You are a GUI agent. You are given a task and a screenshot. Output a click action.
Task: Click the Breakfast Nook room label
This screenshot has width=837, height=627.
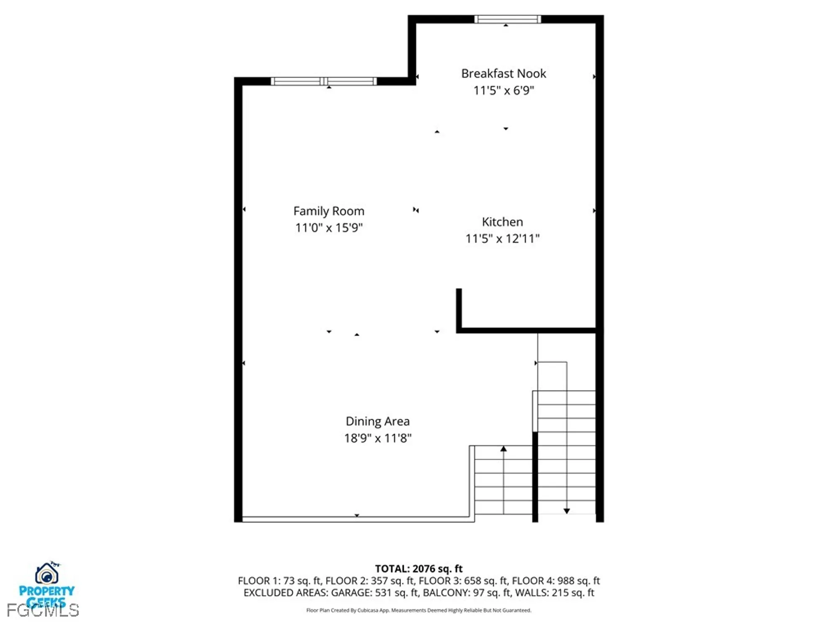(503, 74)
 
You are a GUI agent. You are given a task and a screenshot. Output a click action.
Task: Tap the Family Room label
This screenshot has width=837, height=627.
(329, 211)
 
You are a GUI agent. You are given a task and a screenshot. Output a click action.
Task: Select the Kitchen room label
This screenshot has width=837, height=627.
(502, 222)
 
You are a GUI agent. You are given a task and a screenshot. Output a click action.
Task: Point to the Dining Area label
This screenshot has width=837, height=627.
(377, 421)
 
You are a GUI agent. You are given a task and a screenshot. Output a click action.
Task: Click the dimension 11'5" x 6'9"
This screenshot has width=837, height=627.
(503, 91)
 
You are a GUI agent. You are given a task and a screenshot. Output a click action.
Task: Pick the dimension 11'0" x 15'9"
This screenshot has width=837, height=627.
(329, 228)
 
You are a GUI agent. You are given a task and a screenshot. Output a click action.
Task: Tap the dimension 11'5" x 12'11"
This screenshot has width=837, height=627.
(502, 239)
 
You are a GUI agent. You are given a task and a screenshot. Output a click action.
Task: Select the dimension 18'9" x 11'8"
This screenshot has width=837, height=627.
(377, 438)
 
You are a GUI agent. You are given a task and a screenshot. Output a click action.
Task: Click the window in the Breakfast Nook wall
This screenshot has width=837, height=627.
(507, 19)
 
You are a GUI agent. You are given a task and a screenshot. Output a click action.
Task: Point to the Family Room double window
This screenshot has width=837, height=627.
(324, 82)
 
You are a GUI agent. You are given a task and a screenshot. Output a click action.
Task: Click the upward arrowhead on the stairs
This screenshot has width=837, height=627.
(503, 449)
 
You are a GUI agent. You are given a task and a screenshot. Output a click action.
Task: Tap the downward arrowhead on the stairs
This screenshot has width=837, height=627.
(567, 511)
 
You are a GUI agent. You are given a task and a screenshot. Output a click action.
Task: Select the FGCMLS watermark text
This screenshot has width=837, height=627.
(43, 611)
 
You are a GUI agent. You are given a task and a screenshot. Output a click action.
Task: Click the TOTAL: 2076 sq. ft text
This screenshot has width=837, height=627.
(418, 568)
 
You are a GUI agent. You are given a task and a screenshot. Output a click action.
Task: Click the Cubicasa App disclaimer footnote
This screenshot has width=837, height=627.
(418, 610)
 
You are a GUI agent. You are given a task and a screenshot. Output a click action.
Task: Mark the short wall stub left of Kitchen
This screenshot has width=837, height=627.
(459, 309)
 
